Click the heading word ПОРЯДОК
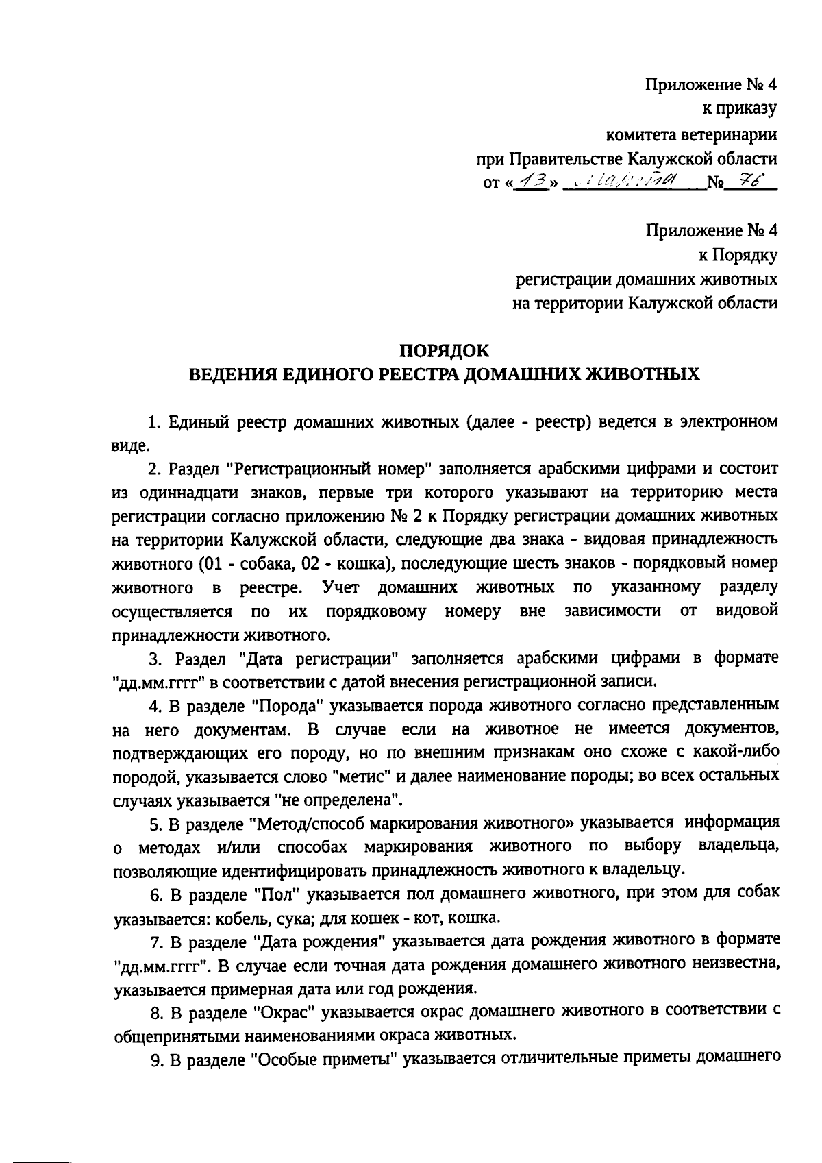pyautogui.click(x=444, y=351)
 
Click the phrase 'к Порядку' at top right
pyautogui.click(x=738, y=256)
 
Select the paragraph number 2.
pyautogui.click(x=154, y=469)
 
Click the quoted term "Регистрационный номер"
pyautogui.click(x=327, y=469)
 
